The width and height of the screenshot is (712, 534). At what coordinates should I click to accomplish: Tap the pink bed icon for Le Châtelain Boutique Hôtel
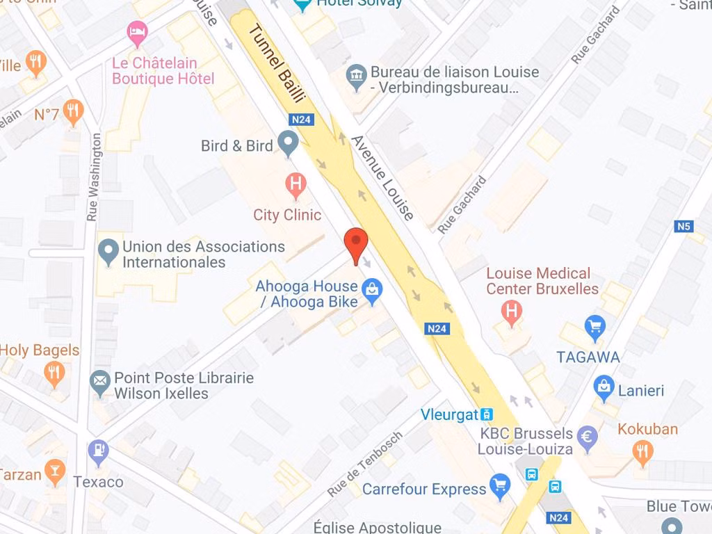[x=138, y=32]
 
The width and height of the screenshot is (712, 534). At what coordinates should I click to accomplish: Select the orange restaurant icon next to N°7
[x=73, y=111]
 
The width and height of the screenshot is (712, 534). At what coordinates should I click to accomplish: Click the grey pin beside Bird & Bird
[x=288, y=143]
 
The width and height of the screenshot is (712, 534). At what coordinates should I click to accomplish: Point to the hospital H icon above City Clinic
[x=296, y=184]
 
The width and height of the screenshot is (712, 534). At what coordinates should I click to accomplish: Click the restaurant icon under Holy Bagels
[x=54, y=374]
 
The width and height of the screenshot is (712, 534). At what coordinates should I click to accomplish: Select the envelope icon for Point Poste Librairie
[x=100, y=381]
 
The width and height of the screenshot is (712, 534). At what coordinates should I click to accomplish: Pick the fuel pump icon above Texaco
[x=99, y=452]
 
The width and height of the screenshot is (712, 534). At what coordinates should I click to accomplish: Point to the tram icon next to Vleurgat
[x=487, y=414]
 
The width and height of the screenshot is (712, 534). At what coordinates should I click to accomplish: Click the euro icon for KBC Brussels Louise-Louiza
[x=588, y=437]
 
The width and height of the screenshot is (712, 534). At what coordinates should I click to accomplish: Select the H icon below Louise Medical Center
[x=512, y=311]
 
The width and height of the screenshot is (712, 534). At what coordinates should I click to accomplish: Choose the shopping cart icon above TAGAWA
[x=594, y=326]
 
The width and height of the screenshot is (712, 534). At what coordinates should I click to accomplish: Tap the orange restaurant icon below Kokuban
[x=643, y=453]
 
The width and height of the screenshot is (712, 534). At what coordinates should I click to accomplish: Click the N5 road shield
[x=684, y=226]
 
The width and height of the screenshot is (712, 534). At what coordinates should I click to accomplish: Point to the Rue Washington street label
[x=92, y=177]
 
